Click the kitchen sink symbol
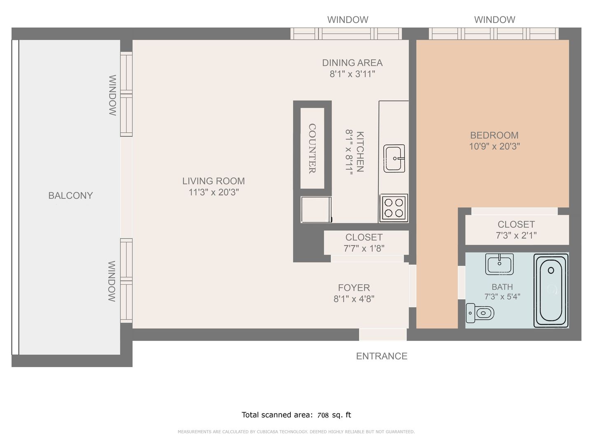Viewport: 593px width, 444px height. [394, 159]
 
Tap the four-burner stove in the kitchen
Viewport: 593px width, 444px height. [394, 208]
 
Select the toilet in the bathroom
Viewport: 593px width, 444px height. [480, 313]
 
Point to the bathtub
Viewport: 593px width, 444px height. [551, 291]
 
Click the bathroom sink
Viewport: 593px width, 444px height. [499, 264]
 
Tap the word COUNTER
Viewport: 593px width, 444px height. [312, 148]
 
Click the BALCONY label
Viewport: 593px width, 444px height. [70, 195]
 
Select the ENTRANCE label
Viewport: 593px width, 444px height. [381, 356]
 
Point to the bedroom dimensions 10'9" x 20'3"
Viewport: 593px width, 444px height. [495, 146]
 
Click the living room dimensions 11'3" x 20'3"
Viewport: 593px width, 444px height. [213, 192]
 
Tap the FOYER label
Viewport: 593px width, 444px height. [354, 288]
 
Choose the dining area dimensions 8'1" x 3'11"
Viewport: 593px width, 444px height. [352, 74]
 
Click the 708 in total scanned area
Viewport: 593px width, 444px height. [323, 415]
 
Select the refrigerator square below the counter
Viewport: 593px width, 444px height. [316, 210]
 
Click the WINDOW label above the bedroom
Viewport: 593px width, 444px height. [495, 20]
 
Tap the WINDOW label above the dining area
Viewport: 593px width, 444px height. [348, 20]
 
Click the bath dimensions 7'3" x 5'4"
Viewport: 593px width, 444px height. [502, 296]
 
